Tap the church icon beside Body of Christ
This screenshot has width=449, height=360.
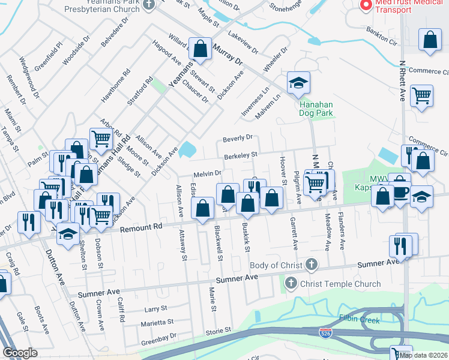pos(311,265)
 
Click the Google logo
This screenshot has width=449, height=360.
pos(20,353)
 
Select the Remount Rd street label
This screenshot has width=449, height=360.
pos(141,227)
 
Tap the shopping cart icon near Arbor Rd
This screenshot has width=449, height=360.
pos(101,139)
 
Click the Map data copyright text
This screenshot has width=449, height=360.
pos(423,355)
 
